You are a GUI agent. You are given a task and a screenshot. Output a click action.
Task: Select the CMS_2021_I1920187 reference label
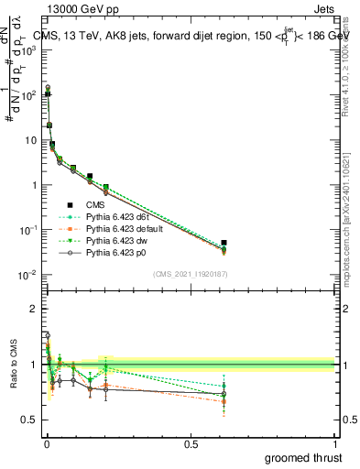pyautogui.click(x=190, y=273)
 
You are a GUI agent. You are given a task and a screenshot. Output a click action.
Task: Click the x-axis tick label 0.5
pyautogui.click(x=191, y=442)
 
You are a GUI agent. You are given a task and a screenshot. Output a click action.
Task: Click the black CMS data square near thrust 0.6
pyautogui.click(x=224, y=243)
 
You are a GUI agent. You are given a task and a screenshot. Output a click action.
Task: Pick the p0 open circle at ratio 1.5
pyautogui.click(x=48, y=335)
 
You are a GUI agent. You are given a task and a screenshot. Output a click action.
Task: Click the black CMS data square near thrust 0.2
pyautogui.click(x=106, y=187)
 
